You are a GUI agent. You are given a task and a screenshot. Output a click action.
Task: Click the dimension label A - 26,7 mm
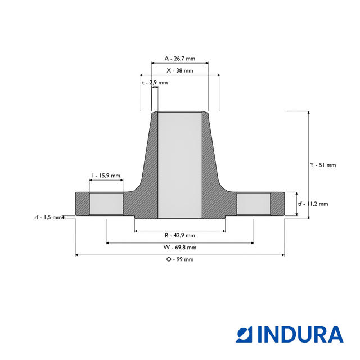180,58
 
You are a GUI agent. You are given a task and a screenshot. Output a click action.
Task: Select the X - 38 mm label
180,71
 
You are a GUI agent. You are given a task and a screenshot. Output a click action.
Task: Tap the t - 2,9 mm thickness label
155,83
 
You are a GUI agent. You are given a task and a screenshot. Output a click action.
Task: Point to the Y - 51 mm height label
323,165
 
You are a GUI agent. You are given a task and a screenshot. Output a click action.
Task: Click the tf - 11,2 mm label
313,204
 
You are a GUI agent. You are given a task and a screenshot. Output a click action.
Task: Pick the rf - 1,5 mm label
48,217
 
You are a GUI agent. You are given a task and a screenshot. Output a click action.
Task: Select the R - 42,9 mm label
180,235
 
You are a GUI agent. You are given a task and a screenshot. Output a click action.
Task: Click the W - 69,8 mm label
180,247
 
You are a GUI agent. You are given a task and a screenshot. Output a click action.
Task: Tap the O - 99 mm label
180,259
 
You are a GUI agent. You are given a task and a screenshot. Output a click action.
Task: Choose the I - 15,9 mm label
106,175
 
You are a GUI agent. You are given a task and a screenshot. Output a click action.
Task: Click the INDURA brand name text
300,334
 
